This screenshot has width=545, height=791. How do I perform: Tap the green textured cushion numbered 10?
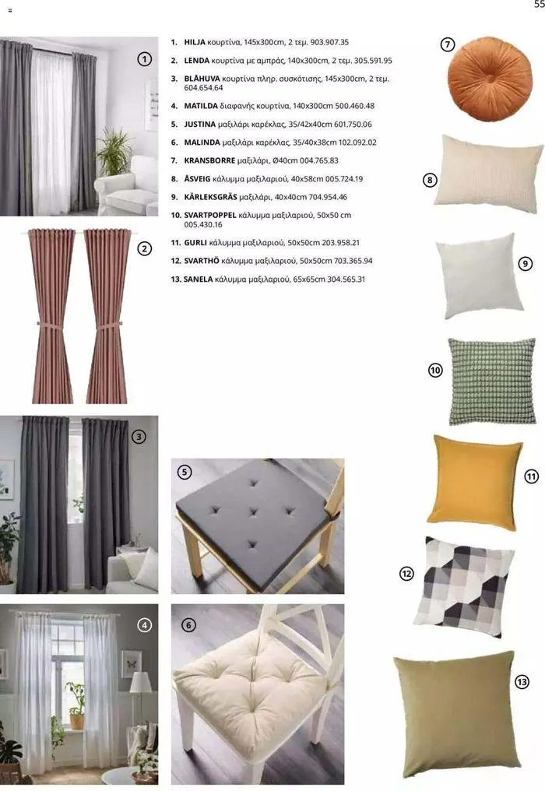point(492,381)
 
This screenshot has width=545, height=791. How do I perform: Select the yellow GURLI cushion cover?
point(474,481)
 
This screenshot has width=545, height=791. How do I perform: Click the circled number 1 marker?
point(144,58)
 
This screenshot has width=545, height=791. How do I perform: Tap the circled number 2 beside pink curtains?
point(144,249)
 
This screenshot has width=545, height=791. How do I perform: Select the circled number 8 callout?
point(430,181)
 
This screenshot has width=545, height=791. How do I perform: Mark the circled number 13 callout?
point(522,682)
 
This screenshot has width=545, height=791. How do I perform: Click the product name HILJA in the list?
point(195,42)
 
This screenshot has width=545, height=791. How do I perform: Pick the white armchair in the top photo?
point(128,188)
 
